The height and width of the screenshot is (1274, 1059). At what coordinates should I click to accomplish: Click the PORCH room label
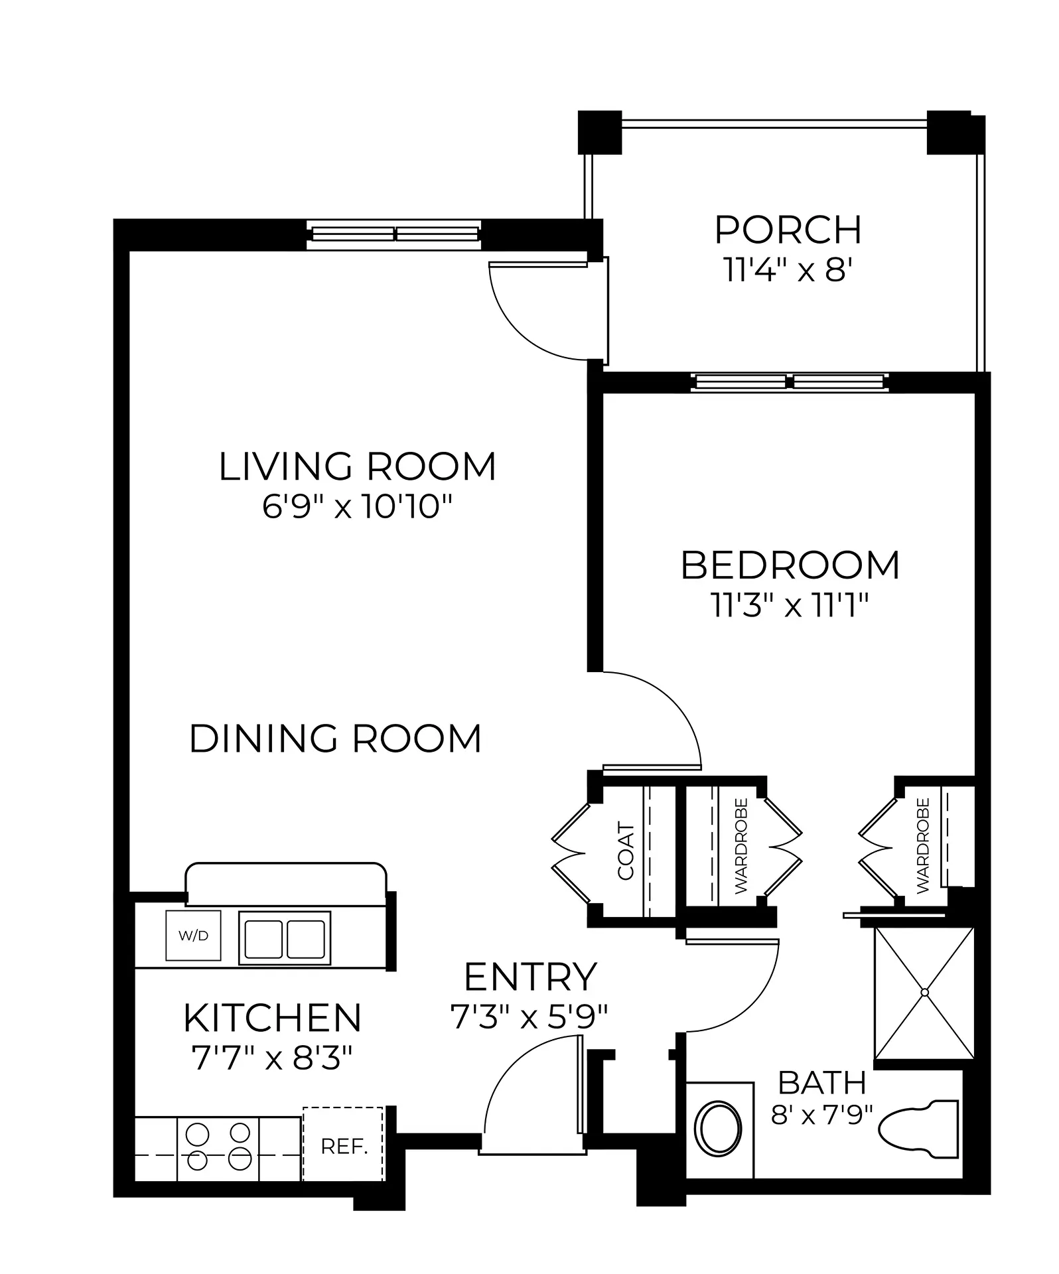tap(788, 230)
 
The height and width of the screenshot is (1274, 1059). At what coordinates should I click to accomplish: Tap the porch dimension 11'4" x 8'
tap(788, 270)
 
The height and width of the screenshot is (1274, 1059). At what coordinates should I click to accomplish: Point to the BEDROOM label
tap(790, 565)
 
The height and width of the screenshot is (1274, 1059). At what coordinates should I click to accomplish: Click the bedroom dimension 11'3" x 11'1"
tap(790, 605)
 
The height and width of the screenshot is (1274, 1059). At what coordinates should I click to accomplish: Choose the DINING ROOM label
tap(335, 739)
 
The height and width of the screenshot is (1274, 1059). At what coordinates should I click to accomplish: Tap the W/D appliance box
tap(193, 936)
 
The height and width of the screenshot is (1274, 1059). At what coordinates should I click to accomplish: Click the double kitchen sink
tap(285, 938)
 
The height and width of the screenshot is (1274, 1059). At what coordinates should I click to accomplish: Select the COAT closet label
tap(626, 851)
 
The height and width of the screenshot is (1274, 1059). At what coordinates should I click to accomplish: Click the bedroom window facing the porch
tap(789, 382)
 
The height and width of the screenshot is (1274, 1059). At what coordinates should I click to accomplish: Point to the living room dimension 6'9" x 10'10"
tap(358, 508)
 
